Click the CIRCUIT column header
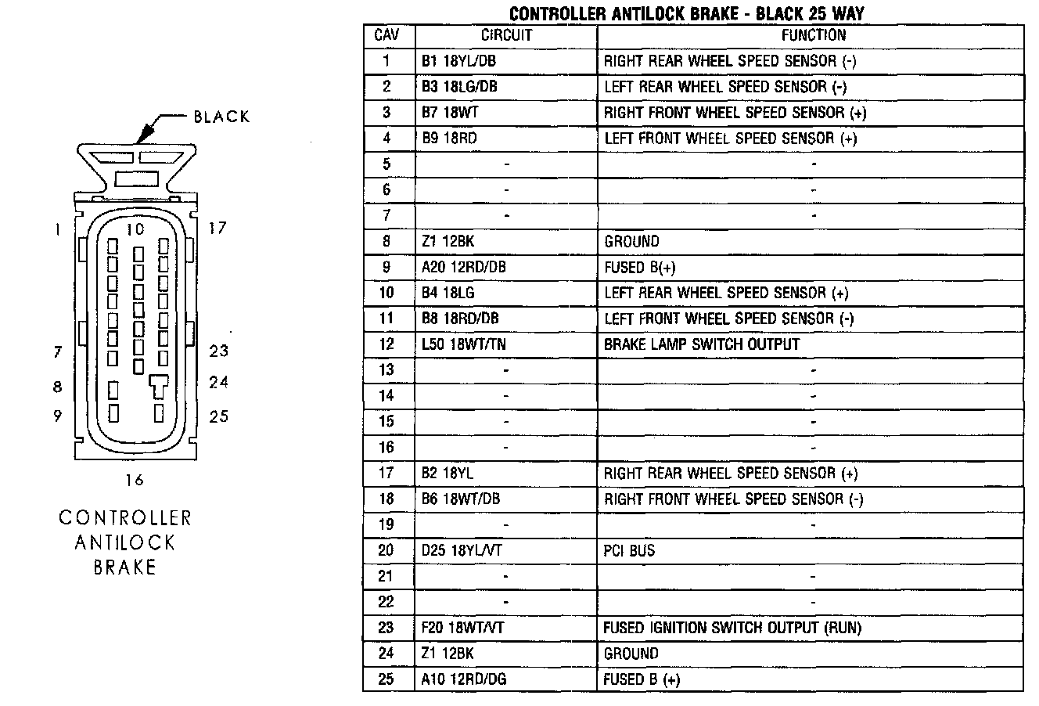coord(505,36)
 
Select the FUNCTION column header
coord(813,36)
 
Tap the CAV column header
coord(386,36)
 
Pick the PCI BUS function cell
coord(629,551)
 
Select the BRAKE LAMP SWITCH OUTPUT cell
coord(702,344)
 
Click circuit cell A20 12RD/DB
coord(463,268)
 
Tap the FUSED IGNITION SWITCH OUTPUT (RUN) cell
coord(732,628)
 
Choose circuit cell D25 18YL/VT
coord(461,551)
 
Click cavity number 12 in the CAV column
coord(386,344)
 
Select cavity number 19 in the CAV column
coord(386,525)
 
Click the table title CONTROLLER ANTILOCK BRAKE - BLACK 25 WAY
coord(687,13)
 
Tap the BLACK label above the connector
coord(221,117)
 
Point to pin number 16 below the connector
coord(135,480)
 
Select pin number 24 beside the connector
coord(219,383)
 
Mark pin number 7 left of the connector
coord(57,352)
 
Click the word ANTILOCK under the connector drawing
coord(125,542)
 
